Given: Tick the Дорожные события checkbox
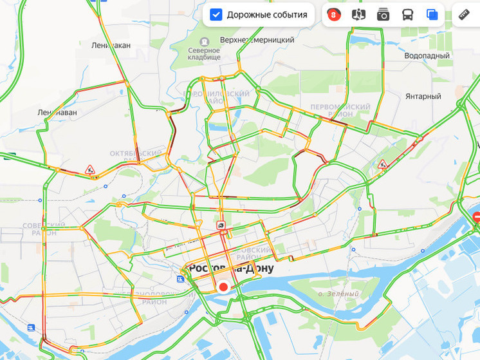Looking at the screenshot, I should [216, 14].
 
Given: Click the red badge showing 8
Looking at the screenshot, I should [333, 15].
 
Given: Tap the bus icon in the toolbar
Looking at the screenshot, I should [408, 15].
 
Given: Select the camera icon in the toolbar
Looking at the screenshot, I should [383, 15].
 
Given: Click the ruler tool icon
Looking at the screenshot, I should [464, 14].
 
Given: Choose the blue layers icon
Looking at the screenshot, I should [432, 15].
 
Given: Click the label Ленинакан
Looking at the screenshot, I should [111, 46].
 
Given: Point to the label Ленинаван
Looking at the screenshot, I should [57, 112].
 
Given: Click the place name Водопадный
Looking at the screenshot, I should [427, 56].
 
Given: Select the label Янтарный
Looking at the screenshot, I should [422, 97].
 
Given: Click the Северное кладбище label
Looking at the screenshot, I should [204, 53].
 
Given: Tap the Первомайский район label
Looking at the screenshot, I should [340, 110].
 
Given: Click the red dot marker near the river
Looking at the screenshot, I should [223, 287].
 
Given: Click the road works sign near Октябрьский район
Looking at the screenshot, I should [90, 170].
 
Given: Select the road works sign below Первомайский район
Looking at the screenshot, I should [383, 164].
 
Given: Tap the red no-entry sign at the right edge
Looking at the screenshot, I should [476, 218].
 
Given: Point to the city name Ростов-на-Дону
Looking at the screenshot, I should [230, 269].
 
